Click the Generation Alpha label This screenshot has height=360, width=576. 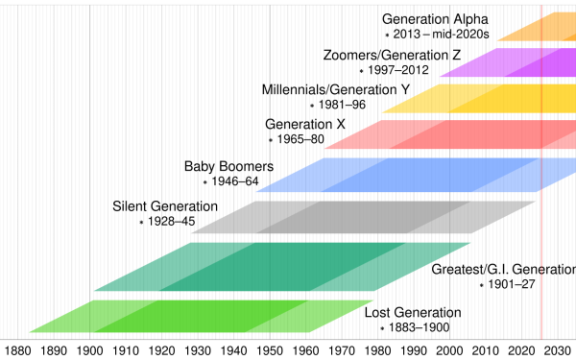point(436,19)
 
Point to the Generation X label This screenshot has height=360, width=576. point(305,125)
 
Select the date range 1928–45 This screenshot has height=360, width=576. point(172,222)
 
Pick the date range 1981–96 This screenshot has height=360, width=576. point(344,105)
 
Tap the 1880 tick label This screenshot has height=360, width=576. point(18,350)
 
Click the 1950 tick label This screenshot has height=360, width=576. point(271,350)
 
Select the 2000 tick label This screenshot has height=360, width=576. point(451,350)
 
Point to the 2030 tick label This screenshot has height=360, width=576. point(559,350)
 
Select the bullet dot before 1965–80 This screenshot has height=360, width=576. point(271,140)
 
